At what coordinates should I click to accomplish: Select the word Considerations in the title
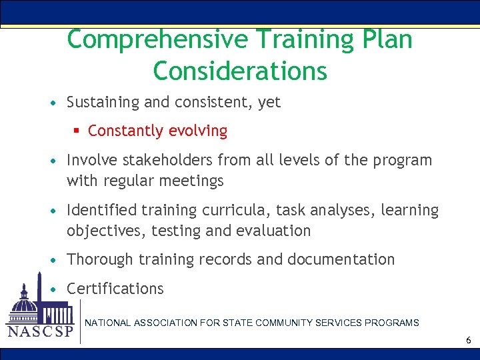pyautogui.click(x=240, y=70)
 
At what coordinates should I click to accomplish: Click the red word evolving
pyautogui.click(x=197, y=131)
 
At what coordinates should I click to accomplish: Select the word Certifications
pyautogui.click(x=115, y=289)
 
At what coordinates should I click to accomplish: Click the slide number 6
pyautogui.click(x=469, y=341)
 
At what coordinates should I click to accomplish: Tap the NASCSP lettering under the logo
pyautogui.click(x=39, y=331)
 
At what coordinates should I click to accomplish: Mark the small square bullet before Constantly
pyautogui.click(x=78, y=131)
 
